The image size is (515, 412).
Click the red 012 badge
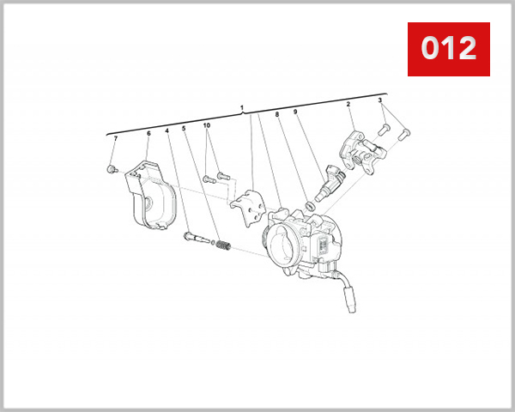448,49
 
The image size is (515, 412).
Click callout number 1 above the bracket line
243,108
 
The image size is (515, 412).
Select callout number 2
348,105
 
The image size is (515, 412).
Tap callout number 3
380,101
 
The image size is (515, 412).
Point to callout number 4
167,130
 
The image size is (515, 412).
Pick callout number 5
184,130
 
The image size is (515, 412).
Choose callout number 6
148,133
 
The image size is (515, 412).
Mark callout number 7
116,138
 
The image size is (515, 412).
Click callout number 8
277,114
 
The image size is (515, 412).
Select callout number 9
295,112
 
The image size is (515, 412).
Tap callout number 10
207,125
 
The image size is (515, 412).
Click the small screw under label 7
112,169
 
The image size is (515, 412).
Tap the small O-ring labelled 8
306,207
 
